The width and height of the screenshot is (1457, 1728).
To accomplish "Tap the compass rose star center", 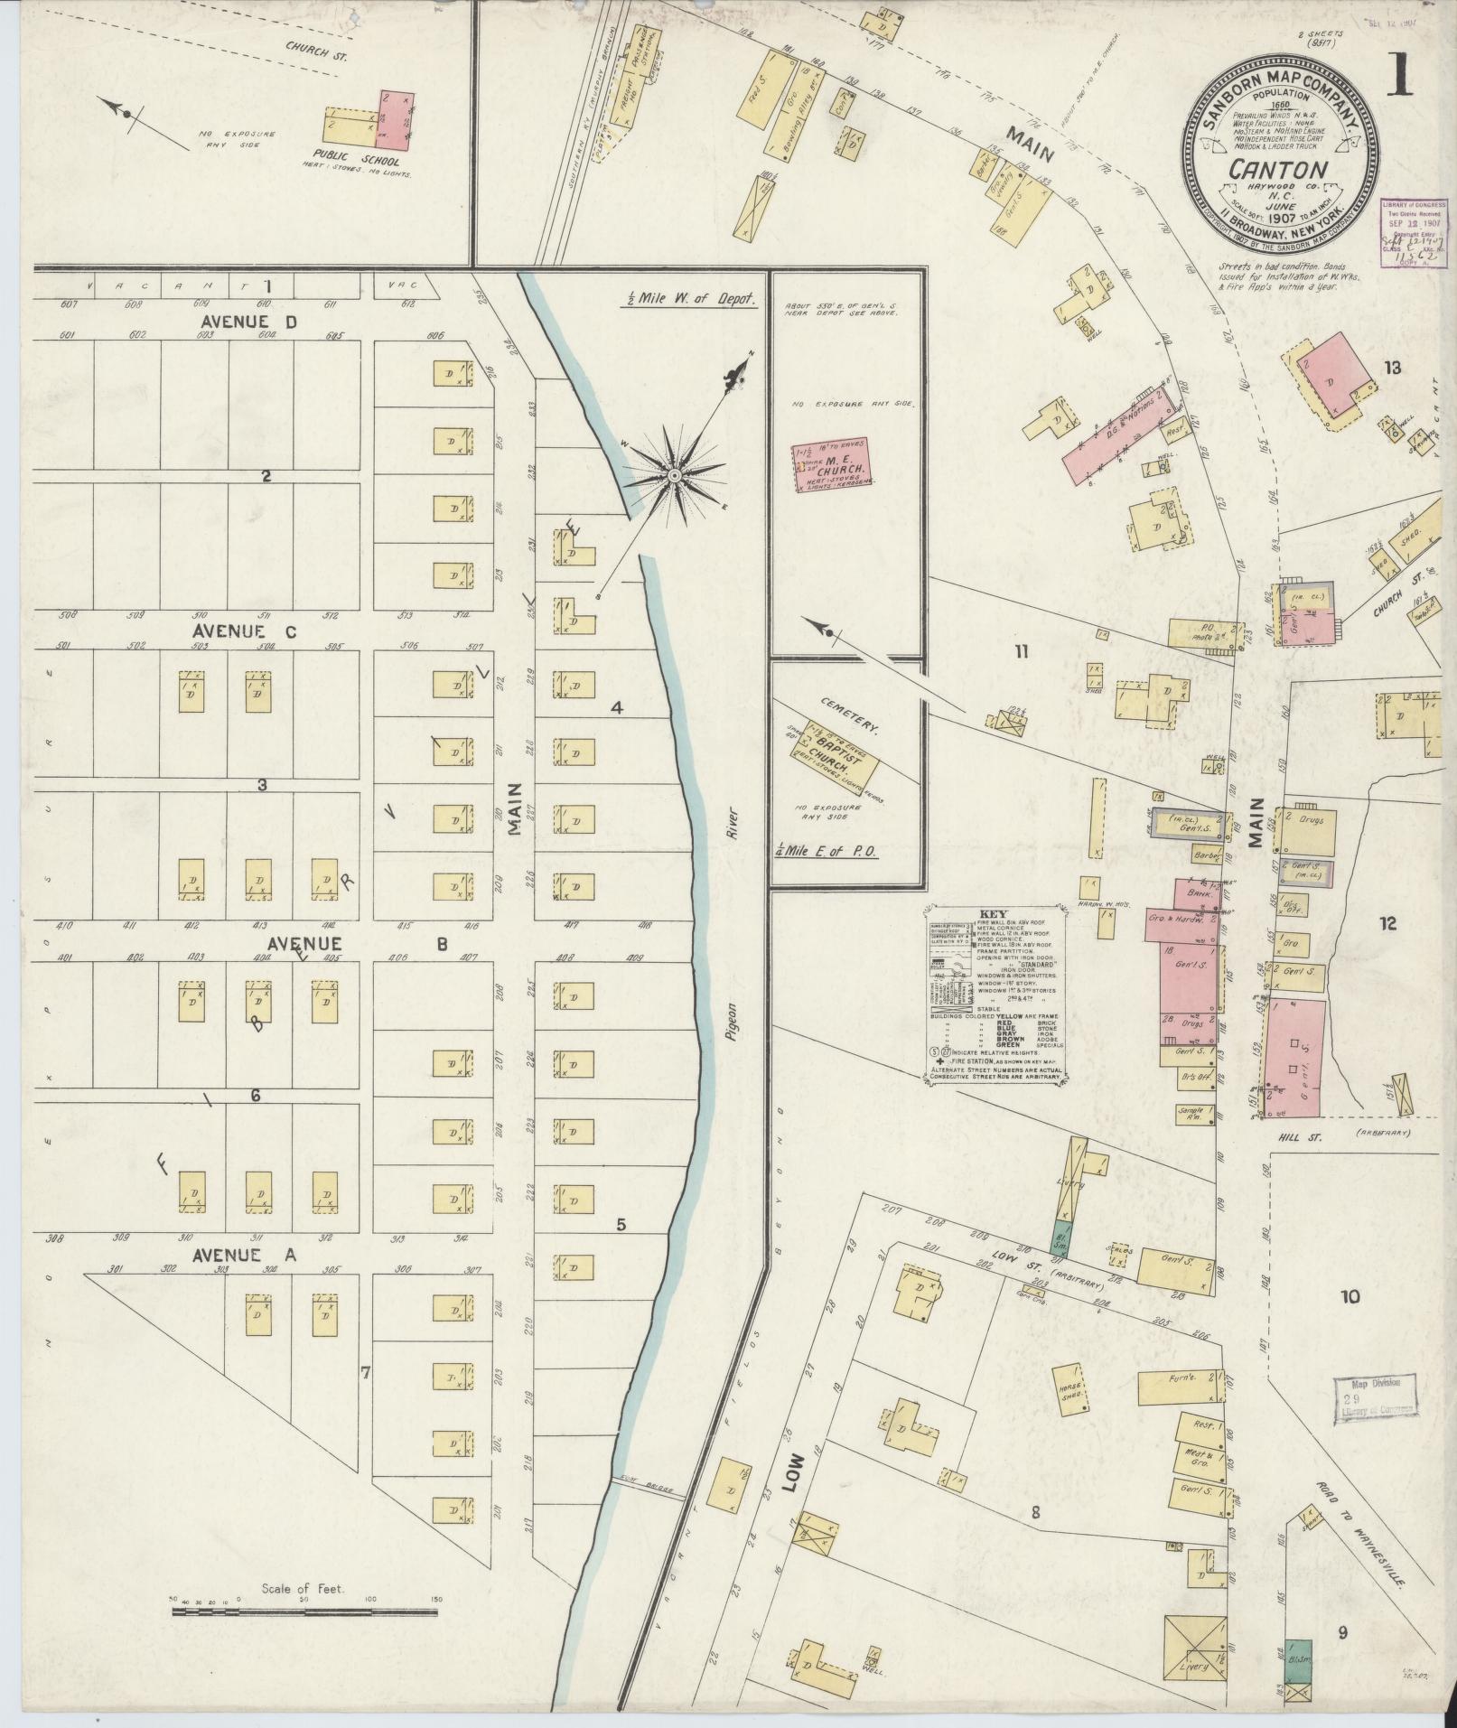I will click(x=673, y=474).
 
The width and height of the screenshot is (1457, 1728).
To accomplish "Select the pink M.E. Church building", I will click(x=830, y=469).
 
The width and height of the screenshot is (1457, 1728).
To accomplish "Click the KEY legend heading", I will click(x=993, y=914).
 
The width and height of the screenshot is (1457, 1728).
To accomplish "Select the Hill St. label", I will click(x=1303, y=1139).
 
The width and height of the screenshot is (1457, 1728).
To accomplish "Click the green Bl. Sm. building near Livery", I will click(x=1061, y=1234).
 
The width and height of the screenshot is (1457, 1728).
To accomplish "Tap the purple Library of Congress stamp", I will click(x=1412, y=231).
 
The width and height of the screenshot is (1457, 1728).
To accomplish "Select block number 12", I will click(x=1387, y=923).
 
